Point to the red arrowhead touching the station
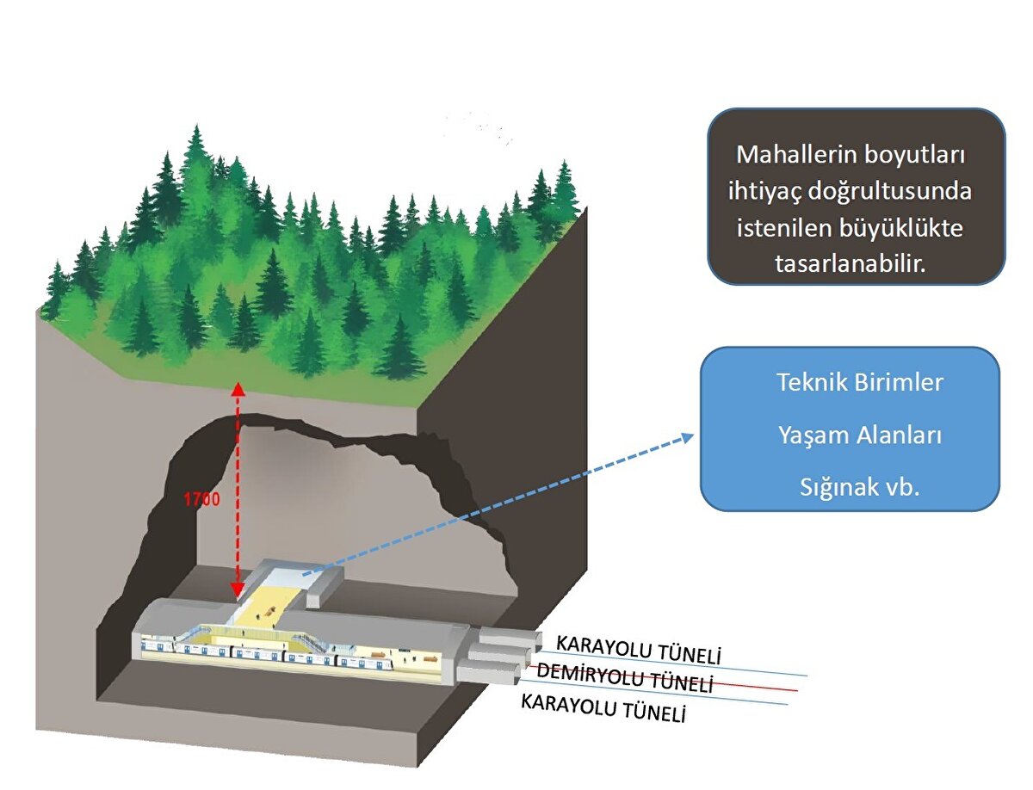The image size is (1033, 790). coord(238,593)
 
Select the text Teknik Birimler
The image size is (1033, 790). coord(860,383)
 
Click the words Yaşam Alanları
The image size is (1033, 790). coord(859,436)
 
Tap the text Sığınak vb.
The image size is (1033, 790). coord(859,488)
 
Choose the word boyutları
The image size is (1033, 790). coord(919,157)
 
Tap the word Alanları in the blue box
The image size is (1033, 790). coord(898,436)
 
